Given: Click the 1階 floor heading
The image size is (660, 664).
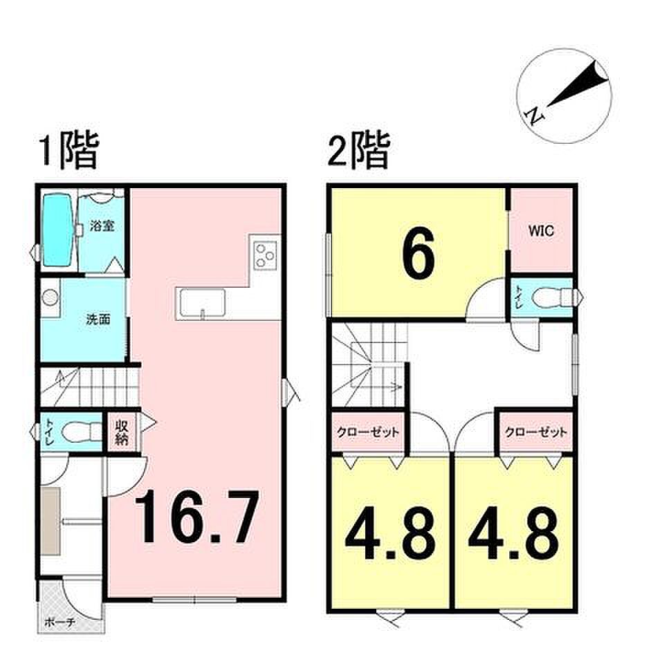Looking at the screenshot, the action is pyautogui.click(x=69, y=151).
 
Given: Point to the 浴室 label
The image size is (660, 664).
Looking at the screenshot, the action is pyautogui.click(x=102, y=225).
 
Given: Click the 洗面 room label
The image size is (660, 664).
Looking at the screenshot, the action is pyautogui.click(x=98, y=320).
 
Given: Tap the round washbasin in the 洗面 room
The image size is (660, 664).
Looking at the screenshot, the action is pyautogui.click(x=51, y=297).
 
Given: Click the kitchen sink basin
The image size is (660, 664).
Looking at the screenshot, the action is pyautogui.click(x=203, y=302).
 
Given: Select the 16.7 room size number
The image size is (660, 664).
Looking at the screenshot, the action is pyautogui.click(x=196, y=516).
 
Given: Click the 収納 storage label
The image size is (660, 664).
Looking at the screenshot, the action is pyautogui.click(x=122, y=432).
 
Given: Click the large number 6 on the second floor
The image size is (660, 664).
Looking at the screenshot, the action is pyautogui.click(x=418, y=253).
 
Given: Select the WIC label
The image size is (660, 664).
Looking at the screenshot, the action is pyautogui.click(x=541, y=231).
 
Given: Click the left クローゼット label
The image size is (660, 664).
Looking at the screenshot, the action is pyautogui.click(x=367, y=432).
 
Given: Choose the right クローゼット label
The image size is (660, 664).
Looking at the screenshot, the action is pyautogui.click(x=535, y=432).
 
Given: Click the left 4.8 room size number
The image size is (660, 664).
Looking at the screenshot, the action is pyautogui.click(x=391, y=534).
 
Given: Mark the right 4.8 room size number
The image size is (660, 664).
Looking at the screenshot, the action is pyautogui.click(x=513, y=534).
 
